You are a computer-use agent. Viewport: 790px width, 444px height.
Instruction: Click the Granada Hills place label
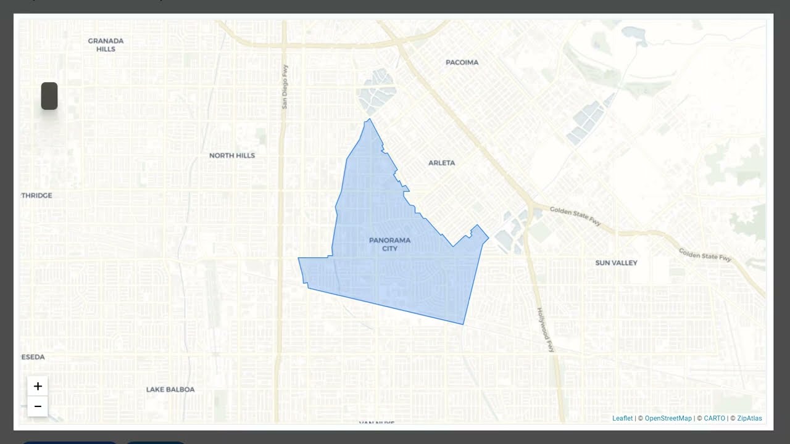click(106, 44)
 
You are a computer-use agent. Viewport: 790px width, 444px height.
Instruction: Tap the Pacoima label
click(462, 62)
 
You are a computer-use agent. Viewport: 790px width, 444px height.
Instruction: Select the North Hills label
click(232, 155)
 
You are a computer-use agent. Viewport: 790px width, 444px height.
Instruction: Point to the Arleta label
click(441, 163)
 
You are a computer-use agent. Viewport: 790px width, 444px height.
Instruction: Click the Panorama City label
click(389, 244)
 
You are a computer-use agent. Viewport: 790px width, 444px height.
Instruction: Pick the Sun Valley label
click(616, 263)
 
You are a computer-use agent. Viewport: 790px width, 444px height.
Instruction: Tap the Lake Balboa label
click(170, 389)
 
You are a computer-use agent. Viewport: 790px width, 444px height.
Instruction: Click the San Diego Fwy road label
click(285, 87)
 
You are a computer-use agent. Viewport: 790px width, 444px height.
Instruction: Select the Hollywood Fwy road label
click(545, 330)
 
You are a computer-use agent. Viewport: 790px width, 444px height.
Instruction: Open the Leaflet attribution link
click(622, 418)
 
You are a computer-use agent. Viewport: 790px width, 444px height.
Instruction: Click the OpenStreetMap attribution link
click(668, 418)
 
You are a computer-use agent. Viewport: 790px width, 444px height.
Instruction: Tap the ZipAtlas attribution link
click(749, 418)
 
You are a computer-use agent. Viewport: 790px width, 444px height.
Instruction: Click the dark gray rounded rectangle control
click(49, 96)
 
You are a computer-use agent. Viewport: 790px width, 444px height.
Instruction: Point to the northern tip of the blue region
click(369, 120)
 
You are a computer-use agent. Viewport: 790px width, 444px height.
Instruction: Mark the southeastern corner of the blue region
click(463, 324)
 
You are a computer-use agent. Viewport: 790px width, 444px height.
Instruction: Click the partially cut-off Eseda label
click(33, 357)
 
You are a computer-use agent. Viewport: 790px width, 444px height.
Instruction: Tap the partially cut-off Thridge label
click(37, 195)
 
